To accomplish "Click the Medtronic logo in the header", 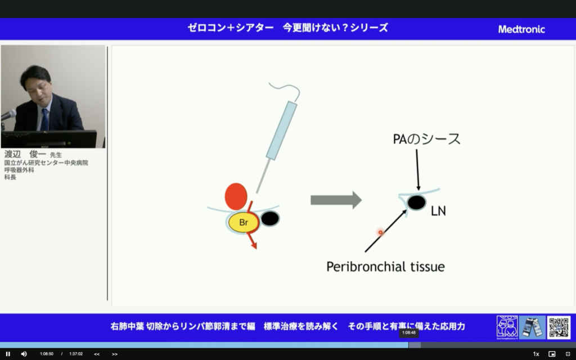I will pos(521,29).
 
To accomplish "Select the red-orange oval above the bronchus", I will pos(236,195).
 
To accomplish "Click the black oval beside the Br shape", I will pos(270,219).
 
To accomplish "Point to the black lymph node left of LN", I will pos(416,202).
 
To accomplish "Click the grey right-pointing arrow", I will pos(336,200).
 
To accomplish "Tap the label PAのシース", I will pos(426,139).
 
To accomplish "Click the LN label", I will pos(438,211).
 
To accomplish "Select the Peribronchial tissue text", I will pos(385,267).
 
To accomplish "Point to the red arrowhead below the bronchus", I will pos(254,244).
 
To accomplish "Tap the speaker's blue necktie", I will pos(44,119).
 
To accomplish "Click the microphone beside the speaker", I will pos(8,115).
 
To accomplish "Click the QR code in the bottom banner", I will pos(559,327).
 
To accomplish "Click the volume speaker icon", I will pos(24,354).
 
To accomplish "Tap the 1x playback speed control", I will pos(536,354).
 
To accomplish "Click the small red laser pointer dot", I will pos(380,232).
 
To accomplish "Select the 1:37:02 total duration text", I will pos(76,354).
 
